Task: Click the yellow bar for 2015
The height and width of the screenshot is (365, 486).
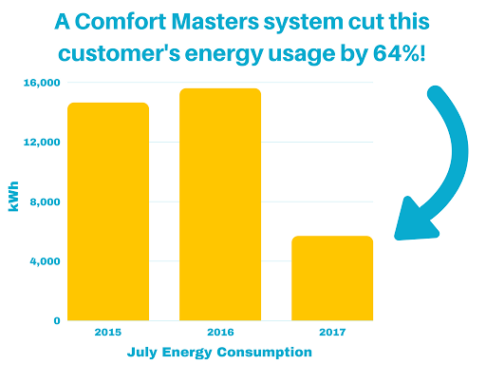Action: [107, 211]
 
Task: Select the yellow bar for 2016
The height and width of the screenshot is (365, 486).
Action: [220, 204]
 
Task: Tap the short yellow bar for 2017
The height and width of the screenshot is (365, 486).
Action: [332, 278]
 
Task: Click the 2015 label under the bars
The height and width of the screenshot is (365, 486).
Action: [107, 334]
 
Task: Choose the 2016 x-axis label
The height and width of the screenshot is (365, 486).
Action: [220, 334]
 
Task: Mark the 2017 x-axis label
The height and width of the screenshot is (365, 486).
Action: [332, 334]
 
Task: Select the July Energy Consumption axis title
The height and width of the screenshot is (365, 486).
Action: [219, 352]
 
